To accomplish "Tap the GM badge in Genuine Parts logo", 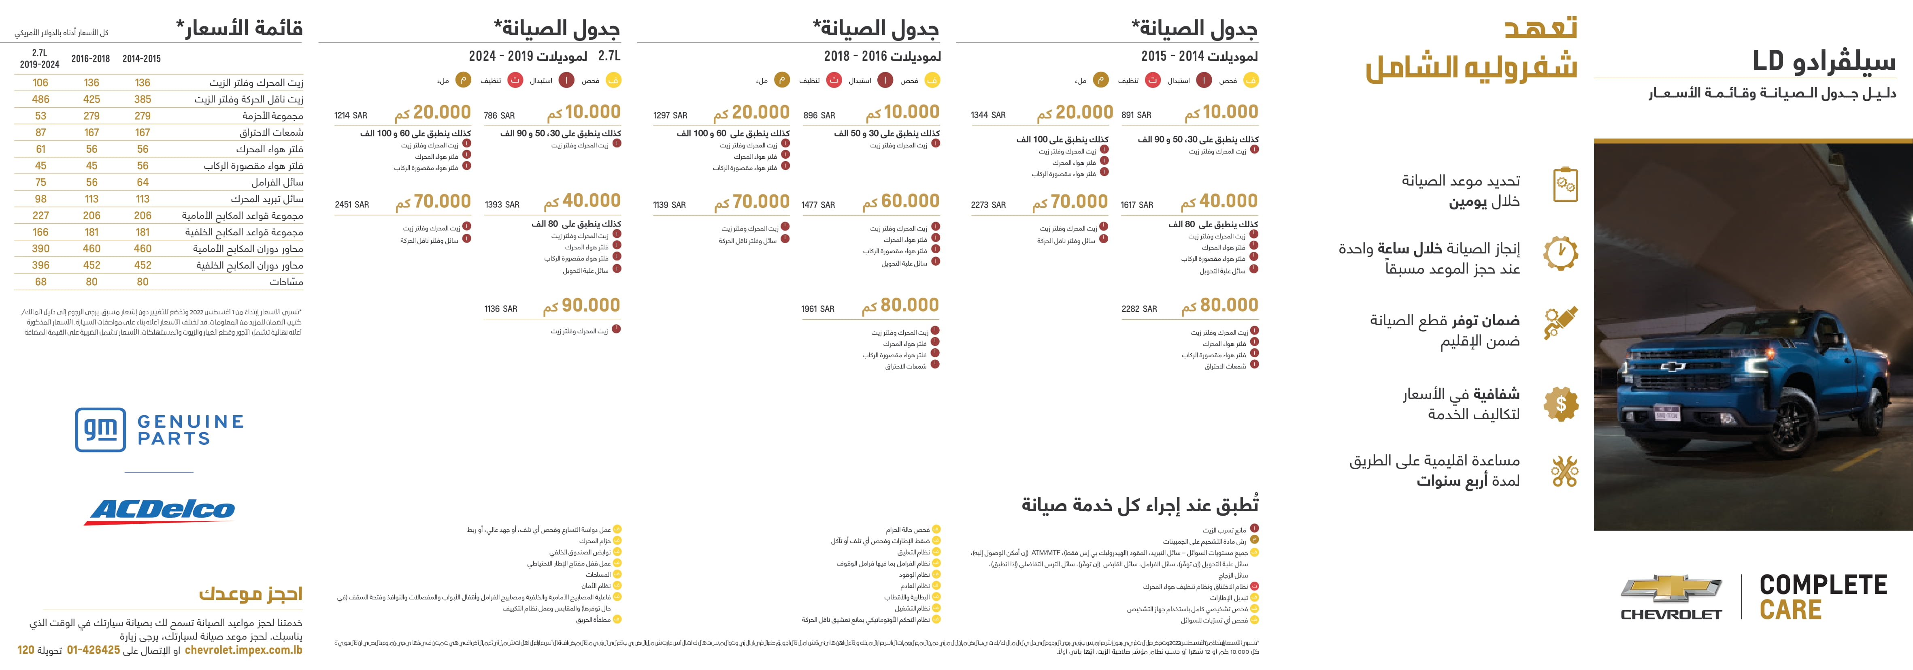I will pos(100,429).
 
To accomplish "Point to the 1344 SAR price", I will pos(988,115).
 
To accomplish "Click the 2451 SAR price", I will pos(351,204).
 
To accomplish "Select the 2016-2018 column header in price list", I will pos(91,59).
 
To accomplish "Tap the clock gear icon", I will pos(1561,252).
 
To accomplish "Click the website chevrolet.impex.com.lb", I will pos(244,650).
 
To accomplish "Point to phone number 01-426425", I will pos(94,650).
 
